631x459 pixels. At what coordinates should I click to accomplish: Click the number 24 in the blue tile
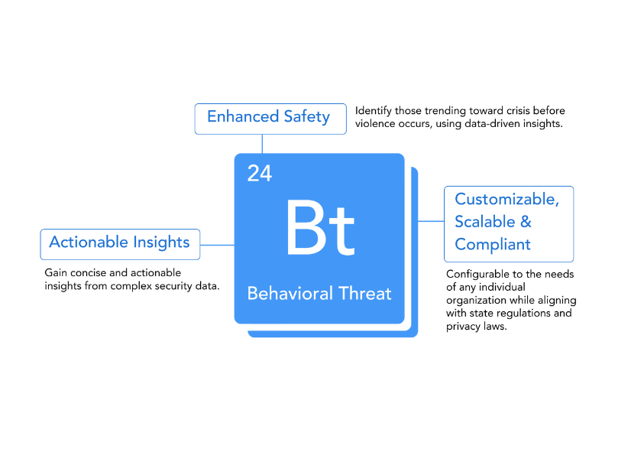click(259, 174)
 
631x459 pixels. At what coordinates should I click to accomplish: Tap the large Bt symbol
click(319, 229)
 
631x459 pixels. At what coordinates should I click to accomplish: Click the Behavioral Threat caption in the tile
click(319, 294)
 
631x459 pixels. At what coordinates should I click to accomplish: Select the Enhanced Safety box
click(268, 118)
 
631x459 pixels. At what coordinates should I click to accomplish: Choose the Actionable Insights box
click(120, 243)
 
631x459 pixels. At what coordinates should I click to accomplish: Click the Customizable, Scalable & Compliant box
click(508, 223)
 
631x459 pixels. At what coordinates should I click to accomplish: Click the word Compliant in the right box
click(493, 245)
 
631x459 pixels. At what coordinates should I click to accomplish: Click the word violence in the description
click(375, 124)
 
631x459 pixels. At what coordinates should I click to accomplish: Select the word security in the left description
click(173, 286)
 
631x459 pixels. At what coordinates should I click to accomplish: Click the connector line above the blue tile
click(262, 144)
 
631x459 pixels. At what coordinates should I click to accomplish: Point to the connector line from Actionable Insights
click(217, 246)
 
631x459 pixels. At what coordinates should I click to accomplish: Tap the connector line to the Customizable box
click(431, 222)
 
